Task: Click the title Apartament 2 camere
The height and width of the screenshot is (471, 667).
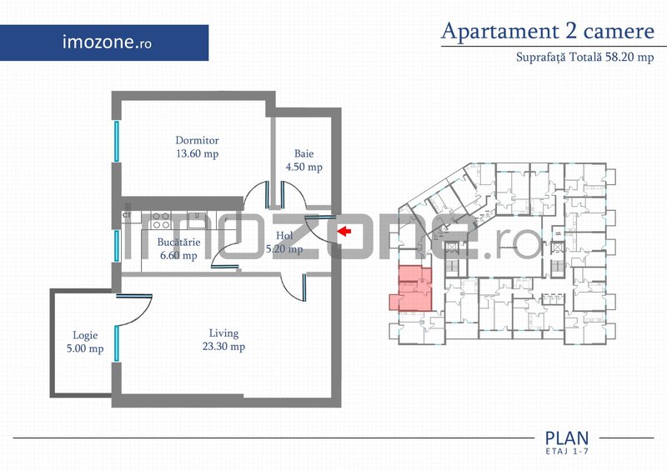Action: (x=547, y=32)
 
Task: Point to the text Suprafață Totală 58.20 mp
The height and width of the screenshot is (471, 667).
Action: (x=584, y=58)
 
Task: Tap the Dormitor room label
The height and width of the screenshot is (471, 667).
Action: (x=197, y=140)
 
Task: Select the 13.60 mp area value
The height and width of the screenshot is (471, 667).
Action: (x=197, y=153)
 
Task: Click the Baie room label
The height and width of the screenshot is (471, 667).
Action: (x=303, y=153)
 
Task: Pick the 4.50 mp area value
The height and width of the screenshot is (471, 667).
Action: (x=303, y=167)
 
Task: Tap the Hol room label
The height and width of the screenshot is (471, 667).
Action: (x=284, y=236)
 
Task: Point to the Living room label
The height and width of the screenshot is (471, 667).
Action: (x=224, y=333)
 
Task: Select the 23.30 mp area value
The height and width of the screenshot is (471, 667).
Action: (x=224, y=347)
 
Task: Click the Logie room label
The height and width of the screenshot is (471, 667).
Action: (x=84, y=336)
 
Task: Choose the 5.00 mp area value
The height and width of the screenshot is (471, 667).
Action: (x=84, y=349)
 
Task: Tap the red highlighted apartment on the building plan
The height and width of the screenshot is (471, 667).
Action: (x=414, y=288)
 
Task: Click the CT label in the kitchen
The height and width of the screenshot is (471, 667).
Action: (x=128, y=216)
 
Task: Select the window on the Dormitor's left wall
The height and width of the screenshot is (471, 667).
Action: (x=117, y=142)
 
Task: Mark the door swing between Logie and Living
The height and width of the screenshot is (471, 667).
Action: (x=133, y=310)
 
